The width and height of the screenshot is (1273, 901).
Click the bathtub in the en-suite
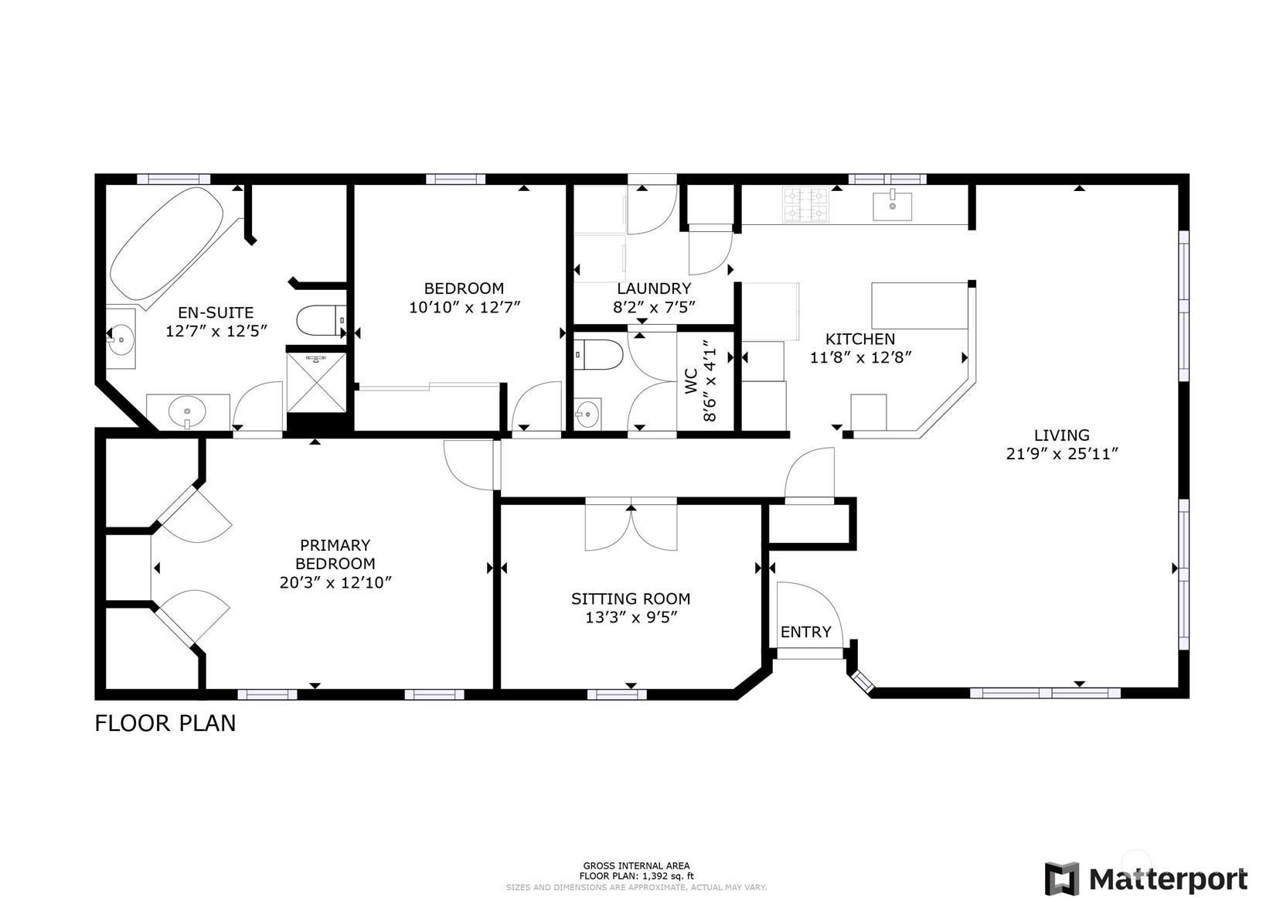(165, 244)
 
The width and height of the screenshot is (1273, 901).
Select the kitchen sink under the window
(892, 206)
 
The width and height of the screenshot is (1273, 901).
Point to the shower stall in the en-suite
(316, 382)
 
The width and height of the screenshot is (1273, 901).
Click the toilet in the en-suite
(322, 320)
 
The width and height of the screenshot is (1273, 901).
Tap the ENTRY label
(805, 632)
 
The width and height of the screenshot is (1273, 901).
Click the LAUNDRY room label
(654, 288)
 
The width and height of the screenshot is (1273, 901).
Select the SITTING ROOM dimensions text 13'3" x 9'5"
(631, 618)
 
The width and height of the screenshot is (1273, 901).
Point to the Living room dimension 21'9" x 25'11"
(1061, 454)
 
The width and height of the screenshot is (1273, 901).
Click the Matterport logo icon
(1061, 879)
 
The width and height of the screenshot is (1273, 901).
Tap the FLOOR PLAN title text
(165, 724)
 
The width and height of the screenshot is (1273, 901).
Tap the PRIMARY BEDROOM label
(335, 554)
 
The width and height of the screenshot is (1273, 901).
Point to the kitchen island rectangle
(920, 305)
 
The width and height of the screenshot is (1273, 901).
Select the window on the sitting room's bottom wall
(617, 694)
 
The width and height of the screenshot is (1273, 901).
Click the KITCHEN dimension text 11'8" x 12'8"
(860, 358)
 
